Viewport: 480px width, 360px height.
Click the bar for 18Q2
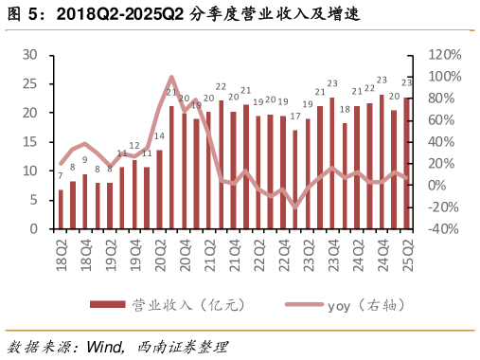pos(61,209)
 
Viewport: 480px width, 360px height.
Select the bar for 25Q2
pos(407,163)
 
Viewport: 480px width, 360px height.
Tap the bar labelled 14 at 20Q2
pos(159,189)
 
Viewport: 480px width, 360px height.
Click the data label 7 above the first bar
pos(61,176)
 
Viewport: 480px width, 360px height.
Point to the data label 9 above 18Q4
pos(85,160)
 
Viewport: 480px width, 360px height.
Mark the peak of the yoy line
pos(171,78)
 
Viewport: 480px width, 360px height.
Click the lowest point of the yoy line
pos(295,206)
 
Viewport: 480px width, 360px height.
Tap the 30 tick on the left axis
pos(30,55)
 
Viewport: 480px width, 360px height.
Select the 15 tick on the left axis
pos(30,142)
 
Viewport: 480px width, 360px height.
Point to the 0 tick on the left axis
pos(34,229)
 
